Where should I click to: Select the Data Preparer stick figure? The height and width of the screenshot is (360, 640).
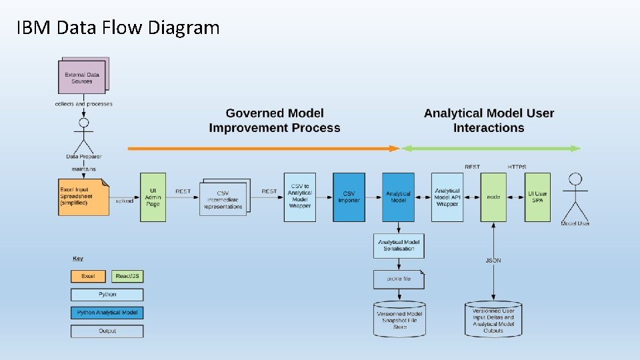[x=84, y=137]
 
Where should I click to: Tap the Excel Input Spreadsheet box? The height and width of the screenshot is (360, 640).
[x=84, y=197]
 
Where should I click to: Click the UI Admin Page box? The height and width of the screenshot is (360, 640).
[x=153, y=197]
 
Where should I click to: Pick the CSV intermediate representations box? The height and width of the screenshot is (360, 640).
[x=224, y=197]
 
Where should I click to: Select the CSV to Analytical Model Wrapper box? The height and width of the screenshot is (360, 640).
[x=299, y=197]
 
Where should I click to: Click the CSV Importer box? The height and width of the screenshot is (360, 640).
[x=349, y=197]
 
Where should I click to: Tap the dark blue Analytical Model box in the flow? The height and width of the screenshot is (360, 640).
[x=398, y=197]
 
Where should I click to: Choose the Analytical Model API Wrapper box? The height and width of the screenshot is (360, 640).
[x=447, y=197]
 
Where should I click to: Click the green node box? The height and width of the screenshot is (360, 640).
[x=493, y=197]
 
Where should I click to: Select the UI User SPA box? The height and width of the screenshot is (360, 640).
[x=537, y=197]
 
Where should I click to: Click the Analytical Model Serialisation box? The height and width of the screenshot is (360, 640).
[x=399, y=245]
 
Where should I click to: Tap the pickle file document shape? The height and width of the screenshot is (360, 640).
[x=399, y=279]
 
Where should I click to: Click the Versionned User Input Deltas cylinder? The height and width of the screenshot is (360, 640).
[x=493, y=318]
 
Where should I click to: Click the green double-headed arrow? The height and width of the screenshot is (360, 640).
[x=491, y=149]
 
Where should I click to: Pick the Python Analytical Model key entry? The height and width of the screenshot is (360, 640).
[x=107, y=313]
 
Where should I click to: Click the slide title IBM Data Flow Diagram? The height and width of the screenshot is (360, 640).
[x=117, y=28]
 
